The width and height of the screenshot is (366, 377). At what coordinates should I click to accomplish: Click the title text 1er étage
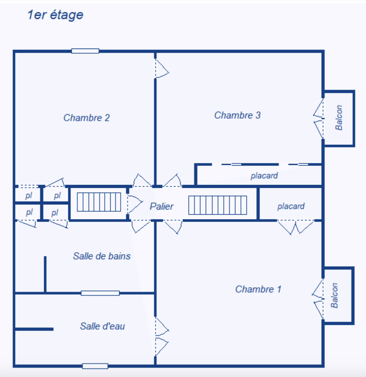(x=55, y=15)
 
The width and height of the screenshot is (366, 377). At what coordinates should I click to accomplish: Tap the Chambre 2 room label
(x=87, y=118)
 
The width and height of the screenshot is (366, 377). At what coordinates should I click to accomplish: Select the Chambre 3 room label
(x=237, y=115)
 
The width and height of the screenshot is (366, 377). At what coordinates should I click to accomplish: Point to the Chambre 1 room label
(x=258, y=289)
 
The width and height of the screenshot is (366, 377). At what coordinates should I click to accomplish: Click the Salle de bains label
(x=102, y=256)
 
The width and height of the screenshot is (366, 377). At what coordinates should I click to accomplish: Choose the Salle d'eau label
(x=102, y=326)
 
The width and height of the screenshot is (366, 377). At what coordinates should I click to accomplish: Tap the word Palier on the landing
(x=162, y=206)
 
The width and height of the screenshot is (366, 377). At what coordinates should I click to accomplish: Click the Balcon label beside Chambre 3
(x=339, y=118)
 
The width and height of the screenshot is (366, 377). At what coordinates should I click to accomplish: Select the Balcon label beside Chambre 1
(x=335, y=295)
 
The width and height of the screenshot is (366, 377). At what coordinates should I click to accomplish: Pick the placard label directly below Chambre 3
(x=264, y=175)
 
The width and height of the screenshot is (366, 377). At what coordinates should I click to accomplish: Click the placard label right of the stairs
(x=291, y=206)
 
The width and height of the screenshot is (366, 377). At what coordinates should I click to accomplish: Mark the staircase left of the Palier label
(x=99, y=202)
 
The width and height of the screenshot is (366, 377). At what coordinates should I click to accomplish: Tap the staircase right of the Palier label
(x=217, y=205)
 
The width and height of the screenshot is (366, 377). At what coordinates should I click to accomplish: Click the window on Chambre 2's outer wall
(x=85, y=51)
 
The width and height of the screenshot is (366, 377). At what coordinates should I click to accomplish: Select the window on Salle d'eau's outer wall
(x=95, y=366)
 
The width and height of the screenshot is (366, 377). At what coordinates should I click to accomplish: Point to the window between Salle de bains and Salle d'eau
(x=100, y=293)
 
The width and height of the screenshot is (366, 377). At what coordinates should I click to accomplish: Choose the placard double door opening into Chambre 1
(x=296, y=226)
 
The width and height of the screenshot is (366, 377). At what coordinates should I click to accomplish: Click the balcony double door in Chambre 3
(x=319, y=119)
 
